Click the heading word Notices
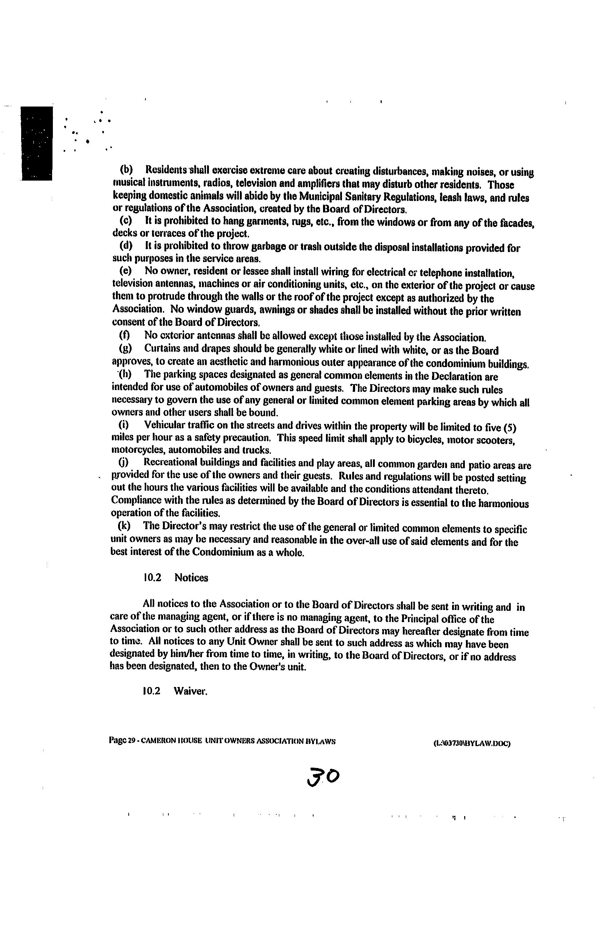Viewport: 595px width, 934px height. [191, 578]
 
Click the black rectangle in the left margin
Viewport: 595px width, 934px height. [37, 143]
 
